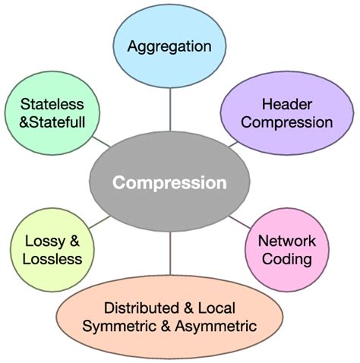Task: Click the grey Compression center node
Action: [169, 183]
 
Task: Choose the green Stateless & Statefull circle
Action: [52, 112]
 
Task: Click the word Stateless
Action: [52, 103]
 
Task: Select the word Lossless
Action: [52, 260]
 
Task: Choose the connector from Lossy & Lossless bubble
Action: [99, 222]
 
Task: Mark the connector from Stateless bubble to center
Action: [101, 141]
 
